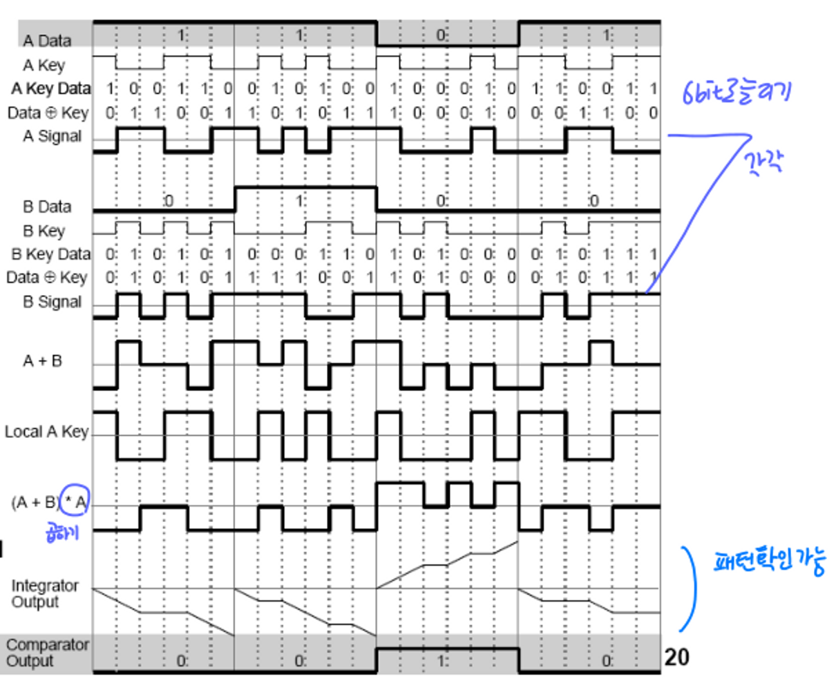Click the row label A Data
(x=47, y=41)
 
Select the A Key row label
(x=44, y=66)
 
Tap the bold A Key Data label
(x=50, y=88)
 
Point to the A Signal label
(x=52, y=136)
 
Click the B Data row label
(x=47, y=207)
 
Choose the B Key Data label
(x=50, y=254)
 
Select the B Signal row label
(x=52, y=302)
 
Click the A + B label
(x=42, y=361)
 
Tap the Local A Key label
(x=46, y=432)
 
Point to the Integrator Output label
(x=44, y=593)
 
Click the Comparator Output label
(x=47, y=652)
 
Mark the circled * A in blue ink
(x=74, y=502)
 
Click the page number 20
(x=676, y=657)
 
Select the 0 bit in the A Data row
(x=441, y=35)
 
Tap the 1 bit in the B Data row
(x=299, y=201)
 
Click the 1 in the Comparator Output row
(x=441, y=661)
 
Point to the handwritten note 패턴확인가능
(x=769, y=562)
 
